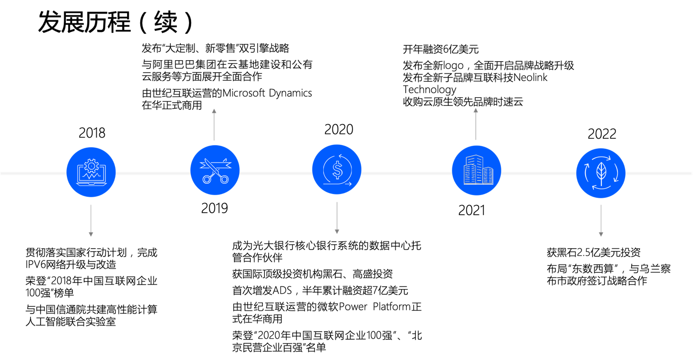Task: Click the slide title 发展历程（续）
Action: coord(115,22)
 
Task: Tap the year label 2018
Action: coord(92,133)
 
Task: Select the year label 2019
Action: coord(214,208)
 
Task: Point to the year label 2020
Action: coord(339,129)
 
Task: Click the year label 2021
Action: coord(472,210)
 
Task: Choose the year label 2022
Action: coord(602,134)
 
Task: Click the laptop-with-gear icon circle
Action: coord(91,172)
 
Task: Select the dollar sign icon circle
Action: coord(337,170)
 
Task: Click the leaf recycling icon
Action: coord(601,173)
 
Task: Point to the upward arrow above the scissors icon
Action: coord(214,125)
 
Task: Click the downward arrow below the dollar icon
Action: coord(337,218)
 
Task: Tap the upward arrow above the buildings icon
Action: coord(476,124)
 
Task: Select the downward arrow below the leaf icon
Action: coord(601,221)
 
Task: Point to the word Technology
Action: coord(430,90)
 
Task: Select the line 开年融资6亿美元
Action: coord(441,49)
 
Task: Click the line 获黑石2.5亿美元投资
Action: coord(593,252)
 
